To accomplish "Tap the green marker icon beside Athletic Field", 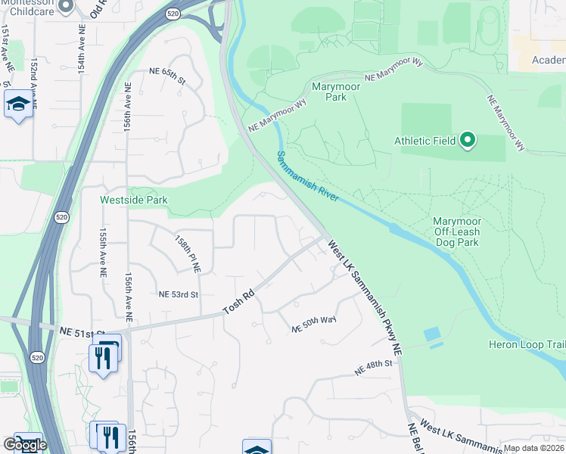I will (x=468, y=140).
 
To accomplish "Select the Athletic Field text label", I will (x=424, y=141).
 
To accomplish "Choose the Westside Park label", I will (x=134, y=201).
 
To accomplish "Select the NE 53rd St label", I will (x=178, y=294).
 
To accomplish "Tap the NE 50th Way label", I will (x=314, y=324).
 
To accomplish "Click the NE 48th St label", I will (x=375, y=368).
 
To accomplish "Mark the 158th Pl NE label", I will (x=188, y=253).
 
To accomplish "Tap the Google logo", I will (x=24, y=445).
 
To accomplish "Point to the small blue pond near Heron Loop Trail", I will (x=431, y=334).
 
